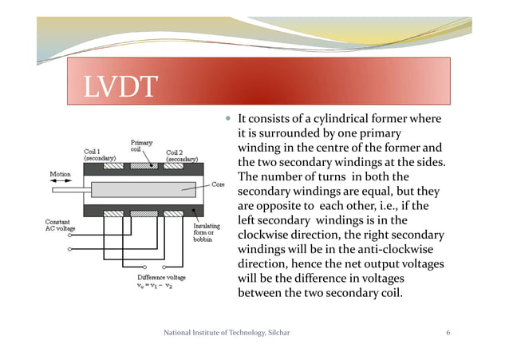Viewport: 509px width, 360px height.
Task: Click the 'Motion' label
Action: [61, 173]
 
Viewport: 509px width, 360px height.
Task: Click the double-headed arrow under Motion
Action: [61, 182]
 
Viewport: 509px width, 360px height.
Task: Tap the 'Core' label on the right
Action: [218, 184]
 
